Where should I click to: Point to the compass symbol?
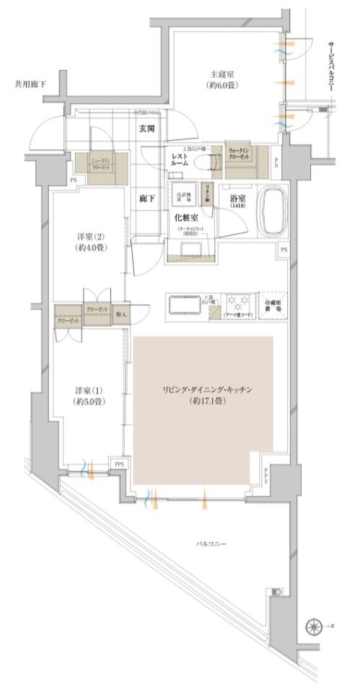tap(313, 626)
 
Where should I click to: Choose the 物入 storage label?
tap(121, 315)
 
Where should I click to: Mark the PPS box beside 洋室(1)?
tap(118, 464)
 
